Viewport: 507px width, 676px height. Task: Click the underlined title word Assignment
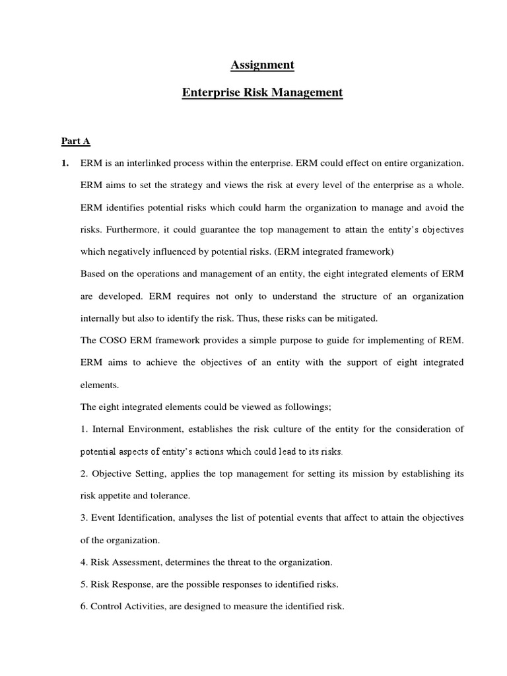(x=262, y=65)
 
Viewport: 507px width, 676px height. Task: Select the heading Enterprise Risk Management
(x=262, y=92)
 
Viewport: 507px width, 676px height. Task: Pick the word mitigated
(x=356, y=318)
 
